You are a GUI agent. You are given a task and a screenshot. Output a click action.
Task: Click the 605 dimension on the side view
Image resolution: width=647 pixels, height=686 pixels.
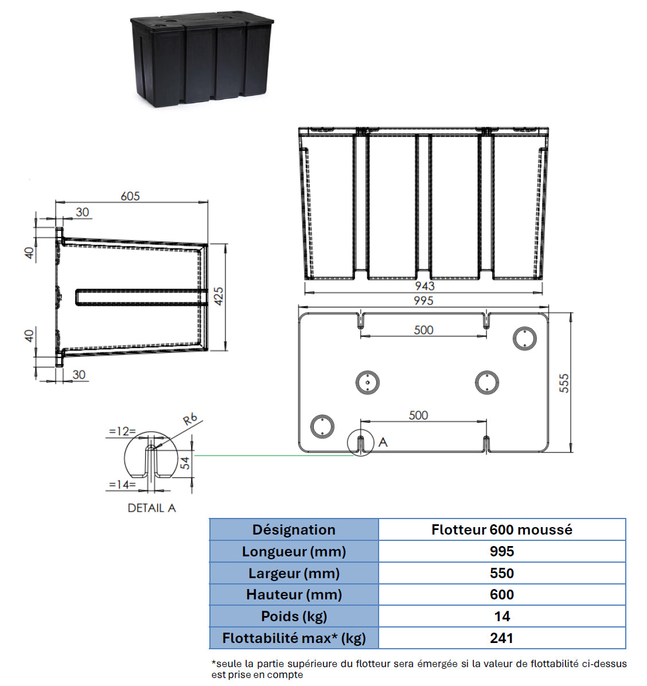pos(130,196)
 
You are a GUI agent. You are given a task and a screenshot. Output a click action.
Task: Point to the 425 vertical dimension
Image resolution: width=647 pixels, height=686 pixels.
pos(219,296)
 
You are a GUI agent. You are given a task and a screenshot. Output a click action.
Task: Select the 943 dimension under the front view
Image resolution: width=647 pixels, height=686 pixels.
pos(424,286)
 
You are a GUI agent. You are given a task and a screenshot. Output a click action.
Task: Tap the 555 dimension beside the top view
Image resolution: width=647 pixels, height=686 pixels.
pos(564,383)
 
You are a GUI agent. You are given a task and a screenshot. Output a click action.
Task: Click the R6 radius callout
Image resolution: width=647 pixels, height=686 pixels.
pos(190,419)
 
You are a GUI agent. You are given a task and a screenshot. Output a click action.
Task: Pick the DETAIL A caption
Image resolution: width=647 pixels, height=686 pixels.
pos(151,508)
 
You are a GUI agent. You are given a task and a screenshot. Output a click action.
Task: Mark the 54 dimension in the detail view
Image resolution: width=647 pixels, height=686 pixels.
pos(185,462)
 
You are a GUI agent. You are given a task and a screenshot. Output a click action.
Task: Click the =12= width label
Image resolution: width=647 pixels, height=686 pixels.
pos(122,431)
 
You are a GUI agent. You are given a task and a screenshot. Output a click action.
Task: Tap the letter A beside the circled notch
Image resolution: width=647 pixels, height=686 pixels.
pos(383,442)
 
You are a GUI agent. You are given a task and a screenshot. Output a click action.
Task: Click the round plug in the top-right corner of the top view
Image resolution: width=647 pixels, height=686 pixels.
pos(524,338)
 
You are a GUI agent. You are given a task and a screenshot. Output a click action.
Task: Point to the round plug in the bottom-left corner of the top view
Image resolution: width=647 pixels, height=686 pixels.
pos(322,426)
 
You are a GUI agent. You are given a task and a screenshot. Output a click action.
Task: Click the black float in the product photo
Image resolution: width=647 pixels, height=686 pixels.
pos(202,60)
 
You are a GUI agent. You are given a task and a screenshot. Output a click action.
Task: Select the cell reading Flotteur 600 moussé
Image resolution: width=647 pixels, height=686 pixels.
pos(501,530)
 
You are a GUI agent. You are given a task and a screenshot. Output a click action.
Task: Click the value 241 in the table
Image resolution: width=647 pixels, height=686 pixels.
pos(501,638)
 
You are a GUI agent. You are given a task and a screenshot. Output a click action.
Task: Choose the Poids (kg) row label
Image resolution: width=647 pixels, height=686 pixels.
pos(294,616)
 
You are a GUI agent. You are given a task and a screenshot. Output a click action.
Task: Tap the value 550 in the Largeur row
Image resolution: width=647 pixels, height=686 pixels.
pos(501,573)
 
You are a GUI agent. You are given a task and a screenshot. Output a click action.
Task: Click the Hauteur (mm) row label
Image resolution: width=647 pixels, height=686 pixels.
pos(294,595)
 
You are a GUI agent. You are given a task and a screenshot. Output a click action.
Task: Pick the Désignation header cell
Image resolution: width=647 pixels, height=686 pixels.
pos(294,530)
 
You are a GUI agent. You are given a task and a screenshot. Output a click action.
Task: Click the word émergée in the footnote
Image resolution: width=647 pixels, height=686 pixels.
pos(438,664)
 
